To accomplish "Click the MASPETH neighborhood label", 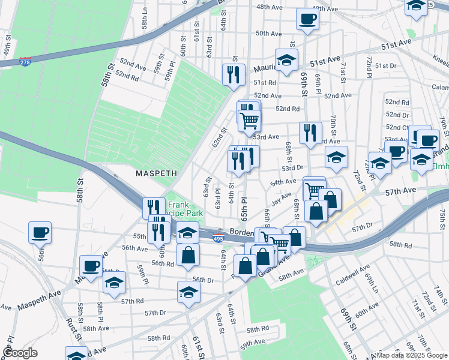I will [155, 173].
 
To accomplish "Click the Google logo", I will [20, 353].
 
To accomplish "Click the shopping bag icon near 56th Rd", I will [188, 254].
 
